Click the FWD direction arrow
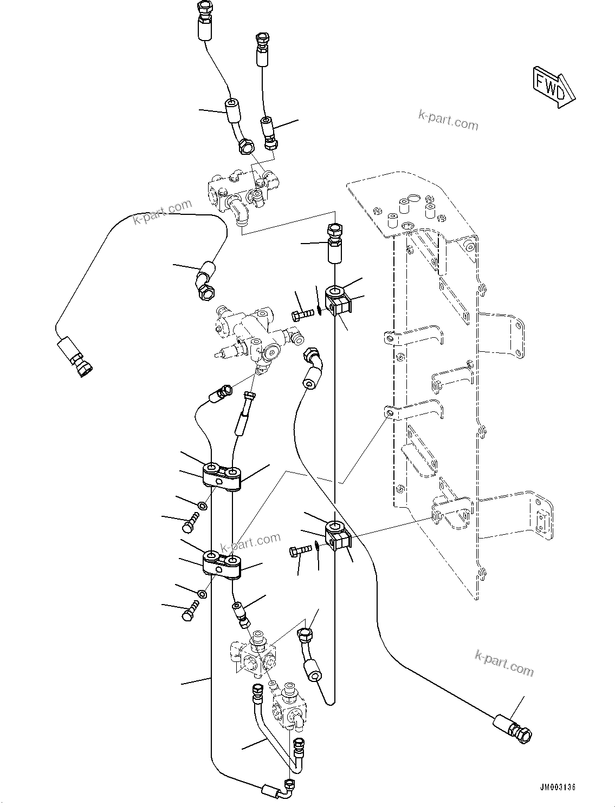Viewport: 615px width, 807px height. click(x=552, y=86)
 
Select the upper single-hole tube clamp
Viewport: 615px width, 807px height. click(x=339, y=301)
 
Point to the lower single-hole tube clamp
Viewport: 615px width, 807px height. click(x=338, y=533)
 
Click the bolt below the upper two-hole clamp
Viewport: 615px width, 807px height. click(x=191, y=521)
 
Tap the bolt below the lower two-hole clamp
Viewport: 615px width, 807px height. click(x=190, y=611)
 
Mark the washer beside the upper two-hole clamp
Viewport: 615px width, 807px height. click(x=202, y=506)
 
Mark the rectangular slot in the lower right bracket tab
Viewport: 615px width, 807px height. click(x=541, y=520)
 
